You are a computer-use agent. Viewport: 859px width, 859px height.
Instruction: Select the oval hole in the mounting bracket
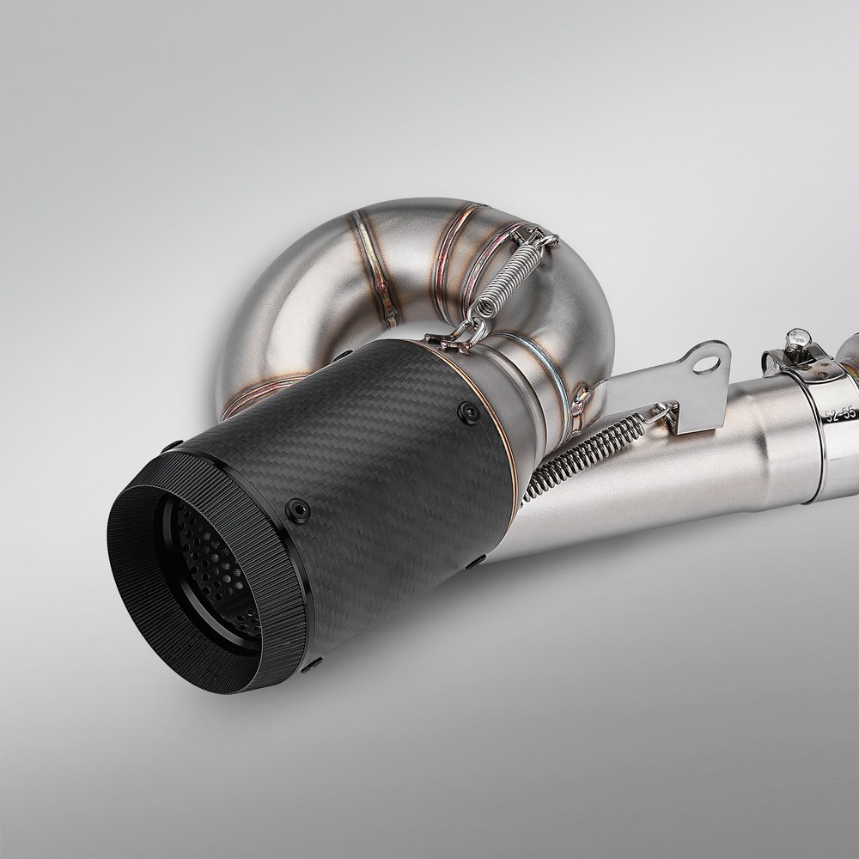pos(707,363)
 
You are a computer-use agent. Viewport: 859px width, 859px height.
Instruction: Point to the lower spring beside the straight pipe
pos(586,453)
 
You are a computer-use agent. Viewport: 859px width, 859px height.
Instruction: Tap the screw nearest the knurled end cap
pos(297,511)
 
